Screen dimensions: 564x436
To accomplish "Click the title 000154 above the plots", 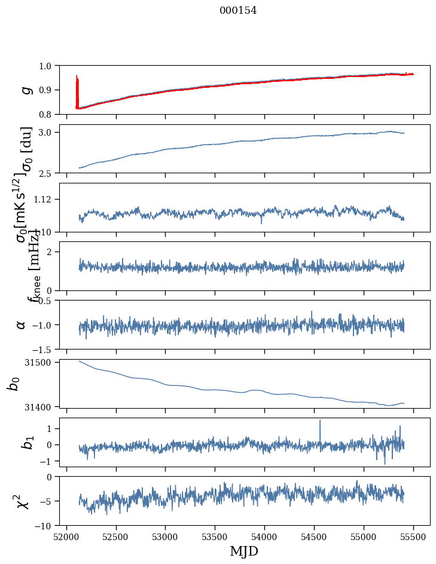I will [x=238, y=10].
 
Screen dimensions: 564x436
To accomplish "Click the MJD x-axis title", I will [x=244, y=551].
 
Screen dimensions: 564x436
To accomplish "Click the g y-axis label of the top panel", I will [x=25, y=90].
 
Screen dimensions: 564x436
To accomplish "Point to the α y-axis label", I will [x=21, y=324].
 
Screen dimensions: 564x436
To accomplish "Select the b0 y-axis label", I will [x=14, y=383].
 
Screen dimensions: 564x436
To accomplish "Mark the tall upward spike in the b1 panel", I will [x=320, y=421].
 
